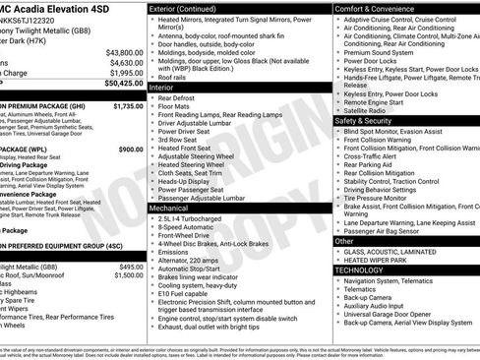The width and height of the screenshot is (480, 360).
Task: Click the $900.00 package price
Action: click(130, 149)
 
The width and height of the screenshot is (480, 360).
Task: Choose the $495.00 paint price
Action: click(130, 267)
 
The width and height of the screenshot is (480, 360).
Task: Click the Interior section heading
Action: click(162, 88)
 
